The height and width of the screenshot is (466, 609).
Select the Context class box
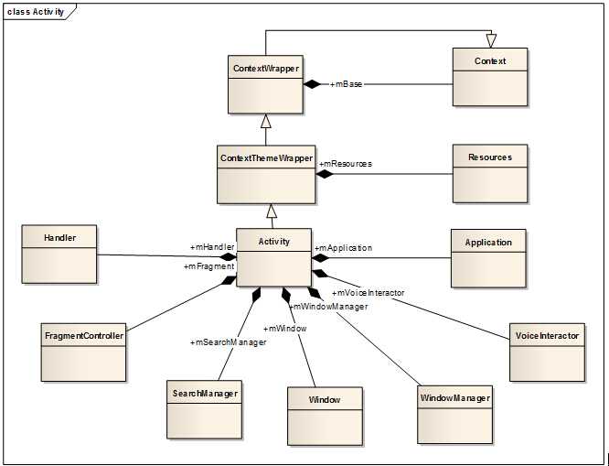coord(490,77)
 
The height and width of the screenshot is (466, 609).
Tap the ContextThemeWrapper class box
coord(266,173)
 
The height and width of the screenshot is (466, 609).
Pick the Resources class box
coord(490,173)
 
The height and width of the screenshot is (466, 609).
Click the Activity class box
coord(273,257)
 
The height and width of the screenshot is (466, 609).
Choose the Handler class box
coord(59,254)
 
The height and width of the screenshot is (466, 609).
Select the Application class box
coord(488,258)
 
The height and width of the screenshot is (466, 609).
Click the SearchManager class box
coord(204,408)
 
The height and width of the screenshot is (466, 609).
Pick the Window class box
coord(325,416)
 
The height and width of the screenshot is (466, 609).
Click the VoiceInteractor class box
coord(547,352)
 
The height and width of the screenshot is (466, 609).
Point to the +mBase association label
coord(346,84)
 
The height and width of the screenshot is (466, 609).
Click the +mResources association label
coord(345,163)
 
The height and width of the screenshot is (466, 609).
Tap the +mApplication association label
coord(343,247)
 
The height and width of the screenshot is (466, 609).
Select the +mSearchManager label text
coord(229,342)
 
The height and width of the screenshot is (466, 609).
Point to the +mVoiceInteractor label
coord(368,292)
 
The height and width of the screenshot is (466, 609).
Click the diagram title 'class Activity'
coord(37,11)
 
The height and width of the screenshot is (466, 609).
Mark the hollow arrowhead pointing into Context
coord(491,40)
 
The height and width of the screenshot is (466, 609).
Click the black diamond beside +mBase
coord(315,84)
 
